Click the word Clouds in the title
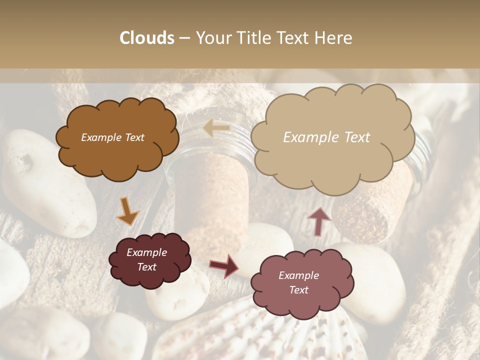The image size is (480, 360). click(x=147, y=38)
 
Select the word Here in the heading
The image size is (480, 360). click(x=333, y=38)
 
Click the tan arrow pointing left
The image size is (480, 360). click(x=216, y=128)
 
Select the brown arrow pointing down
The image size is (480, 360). click(x=127, y=212)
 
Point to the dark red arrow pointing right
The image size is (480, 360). click(x=224, y=266)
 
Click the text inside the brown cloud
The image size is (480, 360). click(x=112, y=137)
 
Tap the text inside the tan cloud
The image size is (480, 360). click(x=326, y=137)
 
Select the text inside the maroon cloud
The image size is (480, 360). click(x=146, y=260)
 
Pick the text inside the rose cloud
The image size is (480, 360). click(x=298, y=282)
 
